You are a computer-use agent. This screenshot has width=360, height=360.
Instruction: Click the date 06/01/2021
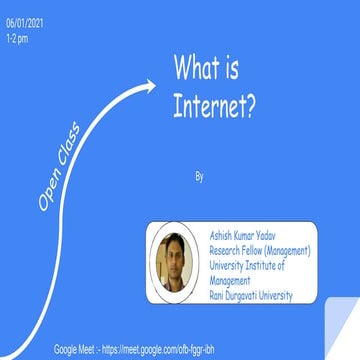(x=21, y=25)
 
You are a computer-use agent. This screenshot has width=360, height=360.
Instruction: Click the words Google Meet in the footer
(x=76, y=350)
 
